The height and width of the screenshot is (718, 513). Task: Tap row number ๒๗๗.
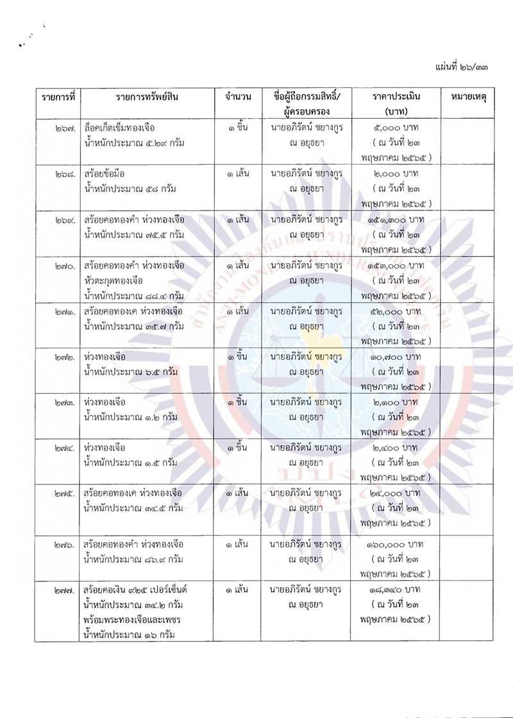click(x=66, y=588)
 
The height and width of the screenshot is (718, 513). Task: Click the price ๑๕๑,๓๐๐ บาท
click(x=393, y=220)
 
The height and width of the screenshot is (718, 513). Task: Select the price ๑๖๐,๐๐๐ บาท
click(x=393, y=543)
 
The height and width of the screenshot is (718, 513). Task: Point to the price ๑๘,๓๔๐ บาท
click(x=393, y=588)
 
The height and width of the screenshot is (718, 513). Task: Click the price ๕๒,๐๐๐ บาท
click(x=393, y=311)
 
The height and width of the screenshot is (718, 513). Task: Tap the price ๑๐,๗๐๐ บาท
click(x=393, y=357)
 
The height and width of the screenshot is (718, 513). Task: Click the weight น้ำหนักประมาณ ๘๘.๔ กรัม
click(x=133, y=296)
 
